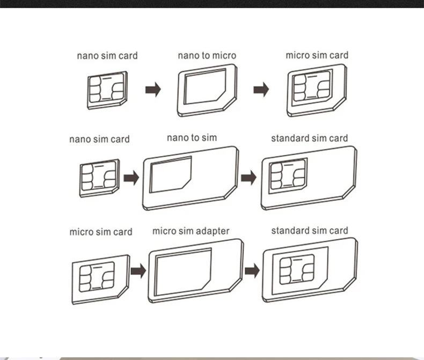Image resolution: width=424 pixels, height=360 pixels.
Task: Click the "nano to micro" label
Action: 207,55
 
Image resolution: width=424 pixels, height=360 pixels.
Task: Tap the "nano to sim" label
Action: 192,138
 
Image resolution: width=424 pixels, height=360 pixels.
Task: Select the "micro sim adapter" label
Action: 191,231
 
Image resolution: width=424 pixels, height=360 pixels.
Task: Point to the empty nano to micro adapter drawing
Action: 207,90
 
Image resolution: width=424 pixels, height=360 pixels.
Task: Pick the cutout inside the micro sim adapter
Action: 182,271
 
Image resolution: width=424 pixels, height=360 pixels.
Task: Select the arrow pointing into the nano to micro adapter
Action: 153,90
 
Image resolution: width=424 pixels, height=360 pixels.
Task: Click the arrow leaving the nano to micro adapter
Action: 261,90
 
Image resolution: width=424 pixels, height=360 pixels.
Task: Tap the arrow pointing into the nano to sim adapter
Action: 131,178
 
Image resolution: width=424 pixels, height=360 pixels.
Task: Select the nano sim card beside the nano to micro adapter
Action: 107,90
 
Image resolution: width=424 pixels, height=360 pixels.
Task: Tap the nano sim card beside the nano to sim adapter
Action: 99,175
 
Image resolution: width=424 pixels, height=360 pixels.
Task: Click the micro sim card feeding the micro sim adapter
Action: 100,278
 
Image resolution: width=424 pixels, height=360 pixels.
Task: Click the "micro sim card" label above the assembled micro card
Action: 317,55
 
